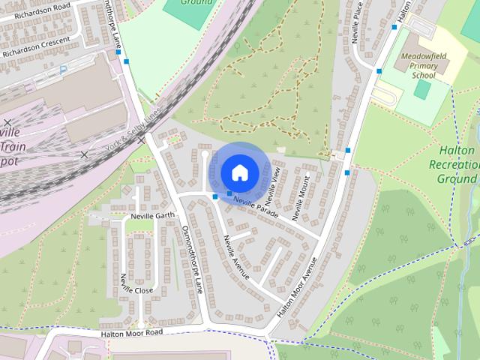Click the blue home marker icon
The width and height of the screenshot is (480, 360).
[239, 172]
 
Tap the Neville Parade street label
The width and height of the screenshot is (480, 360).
[255, 206]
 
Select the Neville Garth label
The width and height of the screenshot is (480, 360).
[152, 216]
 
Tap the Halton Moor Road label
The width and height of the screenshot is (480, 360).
[132, 331]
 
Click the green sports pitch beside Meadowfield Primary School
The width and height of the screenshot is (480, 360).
[423, 89]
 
